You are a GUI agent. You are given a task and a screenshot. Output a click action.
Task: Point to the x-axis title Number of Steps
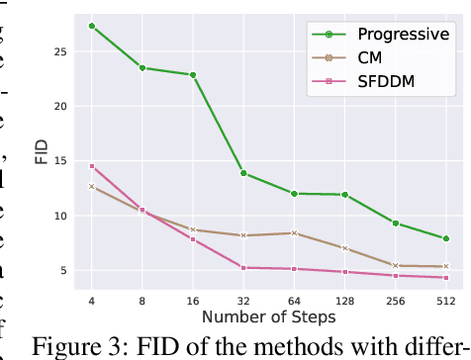[x=268, y=317]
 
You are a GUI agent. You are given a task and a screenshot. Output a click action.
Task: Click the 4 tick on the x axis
[x=92, y=300]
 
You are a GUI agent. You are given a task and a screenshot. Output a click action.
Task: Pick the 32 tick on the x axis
[x=242, y=300]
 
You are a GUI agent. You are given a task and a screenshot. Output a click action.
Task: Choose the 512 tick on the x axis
[x=445, y=300]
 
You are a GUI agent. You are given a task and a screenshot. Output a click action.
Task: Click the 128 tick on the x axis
[x=344, y=300]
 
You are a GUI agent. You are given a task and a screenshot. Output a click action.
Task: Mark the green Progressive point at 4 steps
[x=92, y=26]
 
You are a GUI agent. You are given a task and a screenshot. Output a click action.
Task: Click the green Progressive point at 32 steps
[x=242, y=173]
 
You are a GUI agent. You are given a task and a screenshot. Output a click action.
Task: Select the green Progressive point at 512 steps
[x=445, y=238]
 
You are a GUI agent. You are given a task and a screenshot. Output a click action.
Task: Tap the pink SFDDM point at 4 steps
[x=92, y=166]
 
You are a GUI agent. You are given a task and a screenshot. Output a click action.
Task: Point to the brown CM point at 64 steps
[x=293, y=232]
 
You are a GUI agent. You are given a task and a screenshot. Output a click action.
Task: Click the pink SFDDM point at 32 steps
[x=242, y=267]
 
